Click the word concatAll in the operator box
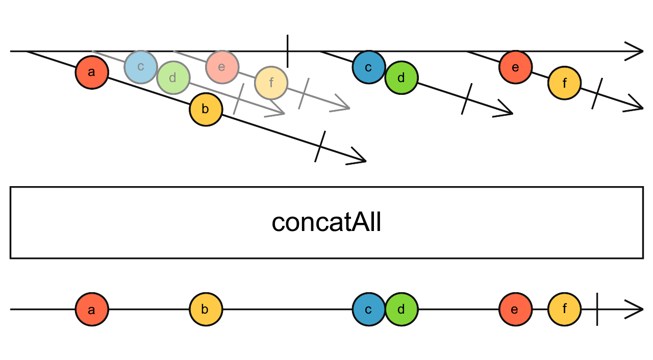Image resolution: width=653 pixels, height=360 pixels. (x=326, y=223)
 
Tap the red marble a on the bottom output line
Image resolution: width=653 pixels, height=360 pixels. (x=92, y=309)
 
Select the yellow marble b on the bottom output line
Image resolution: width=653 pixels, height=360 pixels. (x=206, y=309)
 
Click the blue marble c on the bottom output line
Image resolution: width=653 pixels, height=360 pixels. (x=369, y=309)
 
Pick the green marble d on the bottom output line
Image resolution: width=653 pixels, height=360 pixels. (x=401, y=309)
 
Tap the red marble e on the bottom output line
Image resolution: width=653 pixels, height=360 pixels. (x=515, y=309)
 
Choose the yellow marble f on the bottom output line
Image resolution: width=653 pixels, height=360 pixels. (x=564, y=309)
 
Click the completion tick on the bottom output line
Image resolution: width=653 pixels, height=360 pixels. (x=597, y=309)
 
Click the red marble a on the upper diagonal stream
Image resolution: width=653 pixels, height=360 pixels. (x=92, y=72)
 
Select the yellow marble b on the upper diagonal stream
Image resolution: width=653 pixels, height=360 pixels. (x=206, y=109)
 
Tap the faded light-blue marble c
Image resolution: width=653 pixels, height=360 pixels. (x=141, y=67)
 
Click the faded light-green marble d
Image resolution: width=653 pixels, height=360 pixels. (x=173, y=78)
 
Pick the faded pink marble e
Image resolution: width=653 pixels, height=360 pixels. (x=222, y=67)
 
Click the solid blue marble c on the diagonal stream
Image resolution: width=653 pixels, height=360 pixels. (x=369, y=67)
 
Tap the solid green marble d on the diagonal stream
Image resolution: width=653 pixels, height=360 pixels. (x=401, y=78)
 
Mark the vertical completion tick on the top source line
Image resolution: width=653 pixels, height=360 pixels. (x=288, y=51)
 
